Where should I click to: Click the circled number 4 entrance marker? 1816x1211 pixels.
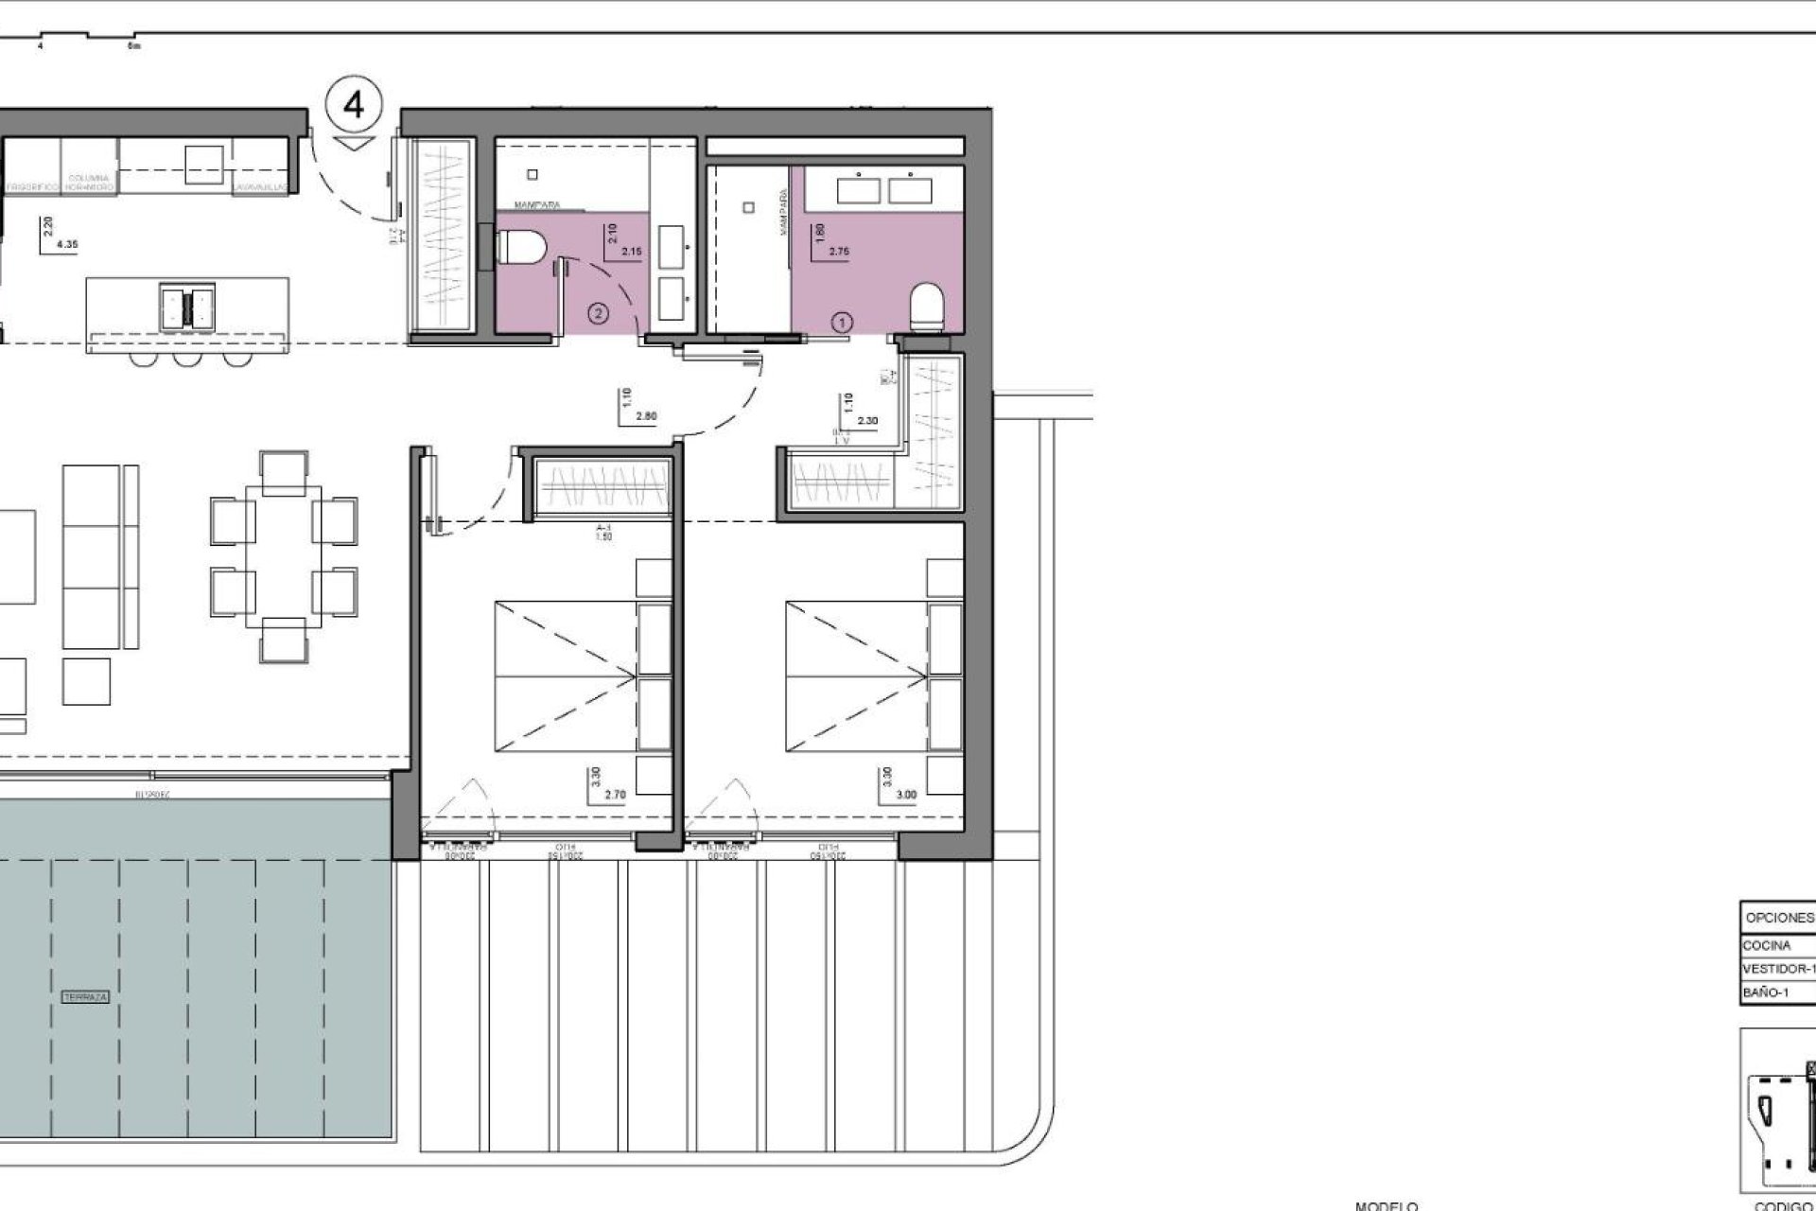pos(354,105)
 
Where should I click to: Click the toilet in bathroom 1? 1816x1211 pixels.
pos(926,308)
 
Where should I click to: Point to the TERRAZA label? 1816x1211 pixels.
pos(85,998)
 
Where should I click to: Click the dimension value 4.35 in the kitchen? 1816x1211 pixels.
pos(67,244)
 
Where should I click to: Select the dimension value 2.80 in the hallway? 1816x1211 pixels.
pos(647,415)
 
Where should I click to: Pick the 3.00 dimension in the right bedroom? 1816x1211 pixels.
pos(905,796)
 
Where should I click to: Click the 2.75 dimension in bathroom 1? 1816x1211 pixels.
pos(839,252)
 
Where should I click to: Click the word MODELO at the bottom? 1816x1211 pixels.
pos(1386,1205)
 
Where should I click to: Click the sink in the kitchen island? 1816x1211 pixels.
pos(186,306)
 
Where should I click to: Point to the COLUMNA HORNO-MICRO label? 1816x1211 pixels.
pos(89,183)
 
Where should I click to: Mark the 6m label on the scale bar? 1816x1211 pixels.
pos(133,44)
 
